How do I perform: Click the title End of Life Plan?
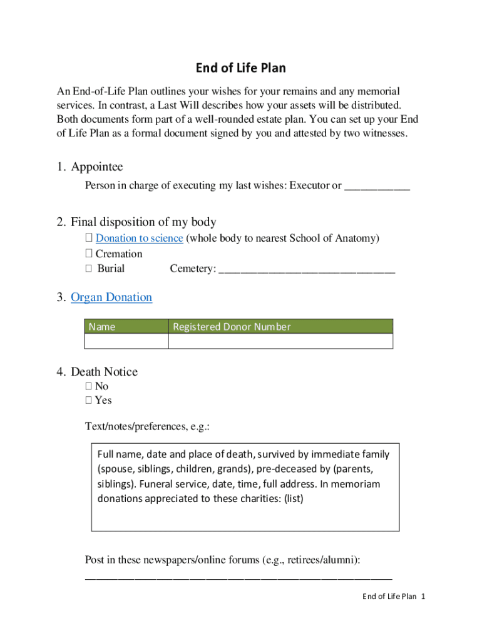[x=240, y=68]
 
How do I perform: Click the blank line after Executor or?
[x=377, y=186]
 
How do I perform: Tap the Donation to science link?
[x=139, y=238]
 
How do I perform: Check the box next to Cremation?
[x=89, y=254]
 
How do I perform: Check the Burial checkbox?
[x=89, y=269]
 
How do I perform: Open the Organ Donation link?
[x=111, y=297]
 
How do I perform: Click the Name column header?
[x=102, y=327]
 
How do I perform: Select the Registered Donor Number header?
[x=232, y=327]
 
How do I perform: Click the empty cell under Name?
[x=126, y=341]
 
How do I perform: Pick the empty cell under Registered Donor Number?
[x=280, y=341]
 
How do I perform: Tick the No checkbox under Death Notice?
[x=89, y=386]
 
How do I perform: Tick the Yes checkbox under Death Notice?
[x=89, y=400]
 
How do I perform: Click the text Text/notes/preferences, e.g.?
[x=147, y=426]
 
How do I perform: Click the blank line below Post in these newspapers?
[x=238, y=578]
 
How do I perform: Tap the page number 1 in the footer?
[x=423, y=597]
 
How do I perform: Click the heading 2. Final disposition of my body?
[x=143, y=222]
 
